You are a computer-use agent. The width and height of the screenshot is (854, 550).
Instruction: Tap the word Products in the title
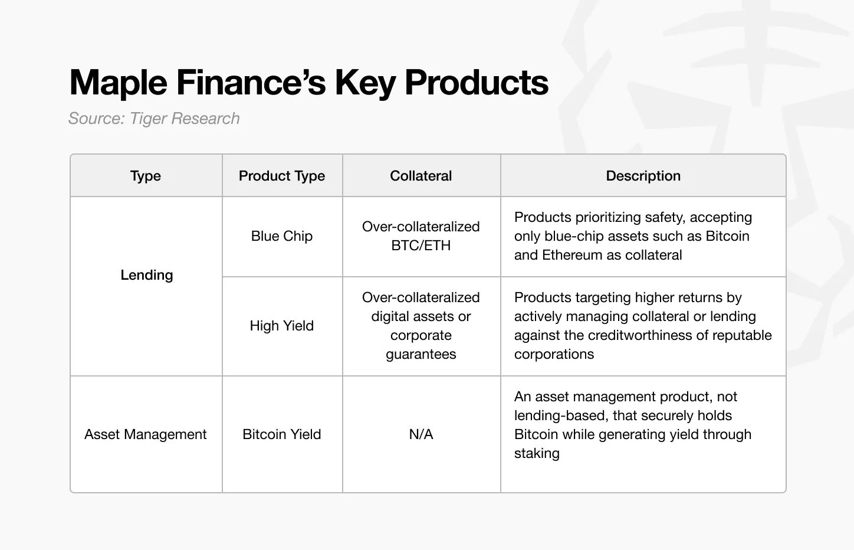(x=477, y=83)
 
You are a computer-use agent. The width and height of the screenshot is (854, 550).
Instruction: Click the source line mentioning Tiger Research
(x=154, y=119)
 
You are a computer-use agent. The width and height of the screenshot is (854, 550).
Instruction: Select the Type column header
(x=146, y=176)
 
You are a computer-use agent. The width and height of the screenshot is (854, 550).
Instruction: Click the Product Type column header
(x=282, y=176)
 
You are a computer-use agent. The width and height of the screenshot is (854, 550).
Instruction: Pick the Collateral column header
(x=421, y=176)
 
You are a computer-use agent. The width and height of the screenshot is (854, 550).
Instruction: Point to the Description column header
(x=643, y=176)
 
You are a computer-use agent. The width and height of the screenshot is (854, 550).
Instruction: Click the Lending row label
(x=146, y=275)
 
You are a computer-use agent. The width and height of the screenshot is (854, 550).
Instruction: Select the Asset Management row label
(x=146, y=434)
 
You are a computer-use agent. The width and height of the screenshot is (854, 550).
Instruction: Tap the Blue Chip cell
(x=282, y=236)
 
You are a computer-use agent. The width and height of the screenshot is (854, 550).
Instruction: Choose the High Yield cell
(x=282, y=326)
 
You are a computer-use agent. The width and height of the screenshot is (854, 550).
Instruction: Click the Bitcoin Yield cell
(x=282, y=434)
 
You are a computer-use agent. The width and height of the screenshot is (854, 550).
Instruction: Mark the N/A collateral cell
(x=421, y=434)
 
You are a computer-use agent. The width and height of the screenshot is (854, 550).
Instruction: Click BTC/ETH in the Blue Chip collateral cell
(x=421, y=245)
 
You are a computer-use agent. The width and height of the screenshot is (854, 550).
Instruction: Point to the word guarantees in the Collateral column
(x=421, y=354)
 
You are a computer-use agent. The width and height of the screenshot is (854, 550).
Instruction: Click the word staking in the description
(x=537, y=453)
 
